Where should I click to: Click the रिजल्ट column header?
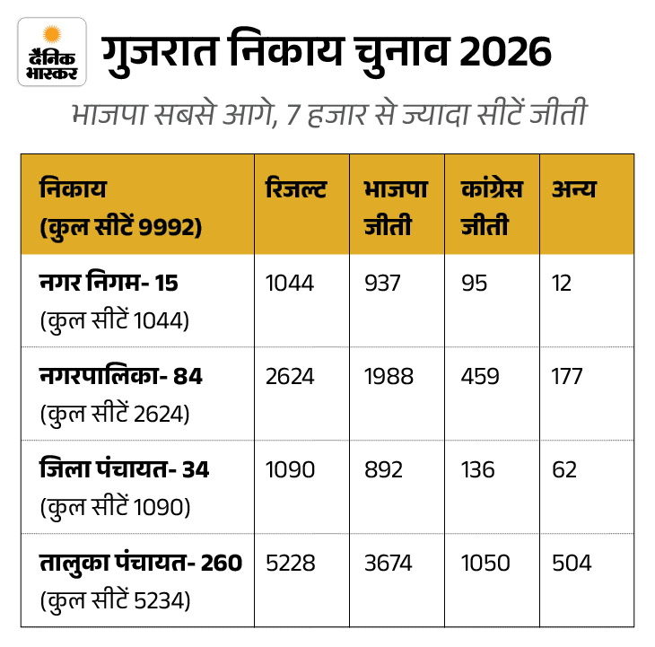296,189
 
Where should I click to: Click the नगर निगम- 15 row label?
109,283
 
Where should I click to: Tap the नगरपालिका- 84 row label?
121,376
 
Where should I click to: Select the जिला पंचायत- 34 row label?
125,469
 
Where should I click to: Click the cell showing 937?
382,283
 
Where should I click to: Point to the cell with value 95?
475,283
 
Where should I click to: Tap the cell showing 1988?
389,376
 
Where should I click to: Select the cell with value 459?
481,376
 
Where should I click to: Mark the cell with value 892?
383,469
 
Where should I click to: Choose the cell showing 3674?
389,563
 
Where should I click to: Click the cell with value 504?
572,563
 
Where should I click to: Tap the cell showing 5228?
291,563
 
